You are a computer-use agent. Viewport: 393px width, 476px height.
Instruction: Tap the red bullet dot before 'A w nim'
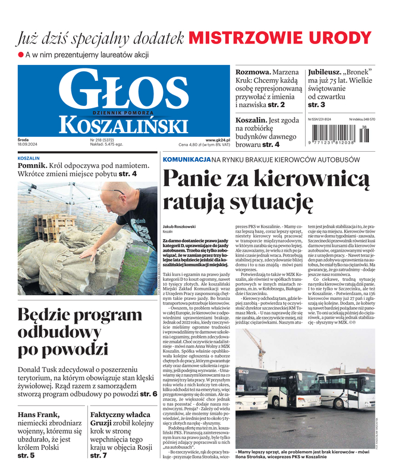click(x=20, y=55)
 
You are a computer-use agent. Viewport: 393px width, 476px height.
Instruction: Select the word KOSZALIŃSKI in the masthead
click(x=122, y=124)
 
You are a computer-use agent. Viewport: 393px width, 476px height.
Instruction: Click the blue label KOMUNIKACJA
click(x=186, y=159)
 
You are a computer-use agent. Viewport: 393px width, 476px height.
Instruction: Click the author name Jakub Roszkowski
click(x=180, y=227)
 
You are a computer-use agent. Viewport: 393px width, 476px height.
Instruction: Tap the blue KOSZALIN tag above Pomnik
click(x=29, y=159)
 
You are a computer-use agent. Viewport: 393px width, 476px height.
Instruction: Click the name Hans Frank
click(x=39, y=414)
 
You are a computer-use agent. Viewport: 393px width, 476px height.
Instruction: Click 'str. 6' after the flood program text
click(x=149, y=393)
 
